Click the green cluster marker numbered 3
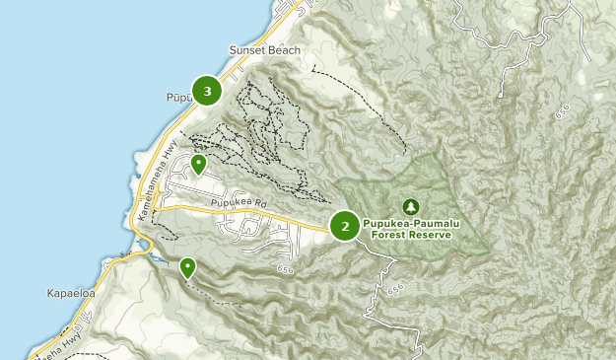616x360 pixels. [x=207, y=92]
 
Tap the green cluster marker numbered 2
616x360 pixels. [x=345, y=226]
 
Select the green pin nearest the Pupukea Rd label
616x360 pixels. [x=198, y=164]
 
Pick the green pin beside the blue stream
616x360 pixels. [x=187, y=266]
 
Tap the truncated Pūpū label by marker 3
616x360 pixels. [x=175, y=97]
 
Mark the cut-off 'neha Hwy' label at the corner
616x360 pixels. [x=59, y=343]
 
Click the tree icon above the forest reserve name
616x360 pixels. [x=410, y=206]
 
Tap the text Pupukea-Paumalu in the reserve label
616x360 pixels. [x=412, y=223]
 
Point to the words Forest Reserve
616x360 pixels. [x=412, y=235]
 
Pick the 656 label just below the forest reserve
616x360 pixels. [x=395, y=287]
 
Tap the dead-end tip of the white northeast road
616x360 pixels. [x=501, y=96]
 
